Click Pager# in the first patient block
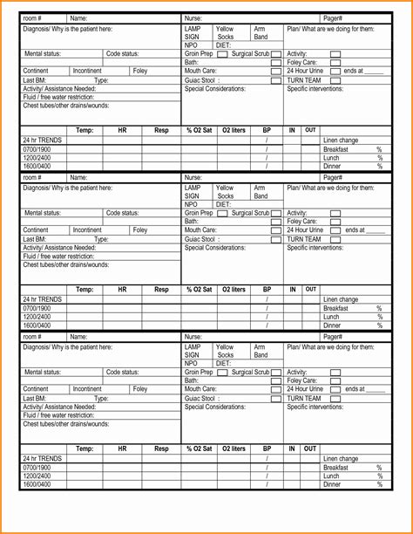tap(333, 18)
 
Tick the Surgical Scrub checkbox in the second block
tap(275, 213)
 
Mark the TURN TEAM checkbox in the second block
tap(335, 239)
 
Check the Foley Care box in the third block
tap(335, 380)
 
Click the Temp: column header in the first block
tap(85, 130)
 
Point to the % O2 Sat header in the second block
tap(200, 289)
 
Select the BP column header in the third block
tap(267, 448)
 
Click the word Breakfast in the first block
tap(335, 149)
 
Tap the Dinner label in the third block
tap(332, 484)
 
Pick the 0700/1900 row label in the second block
tap(37, 308)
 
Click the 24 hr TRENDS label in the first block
tap(43, 140)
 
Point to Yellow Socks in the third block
tap(225, 351)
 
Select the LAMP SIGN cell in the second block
tap(193, 192)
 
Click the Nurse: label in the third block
tap(193, 337)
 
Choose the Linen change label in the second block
tap(341, 299)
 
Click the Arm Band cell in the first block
tap(261, 33)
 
